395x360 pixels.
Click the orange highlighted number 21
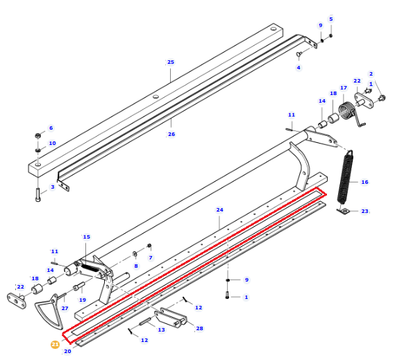pos(55,344)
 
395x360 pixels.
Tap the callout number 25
pos(171,62)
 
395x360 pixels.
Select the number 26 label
pos(171,134)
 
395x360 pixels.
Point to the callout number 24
pos(219,209)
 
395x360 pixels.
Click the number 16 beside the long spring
pos(364,182)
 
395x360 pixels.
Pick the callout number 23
pos(364,211)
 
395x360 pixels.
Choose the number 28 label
pos(199,328)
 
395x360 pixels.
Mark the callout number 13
pos(161,329)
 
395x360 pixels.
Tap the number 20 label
pos(67,351)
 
